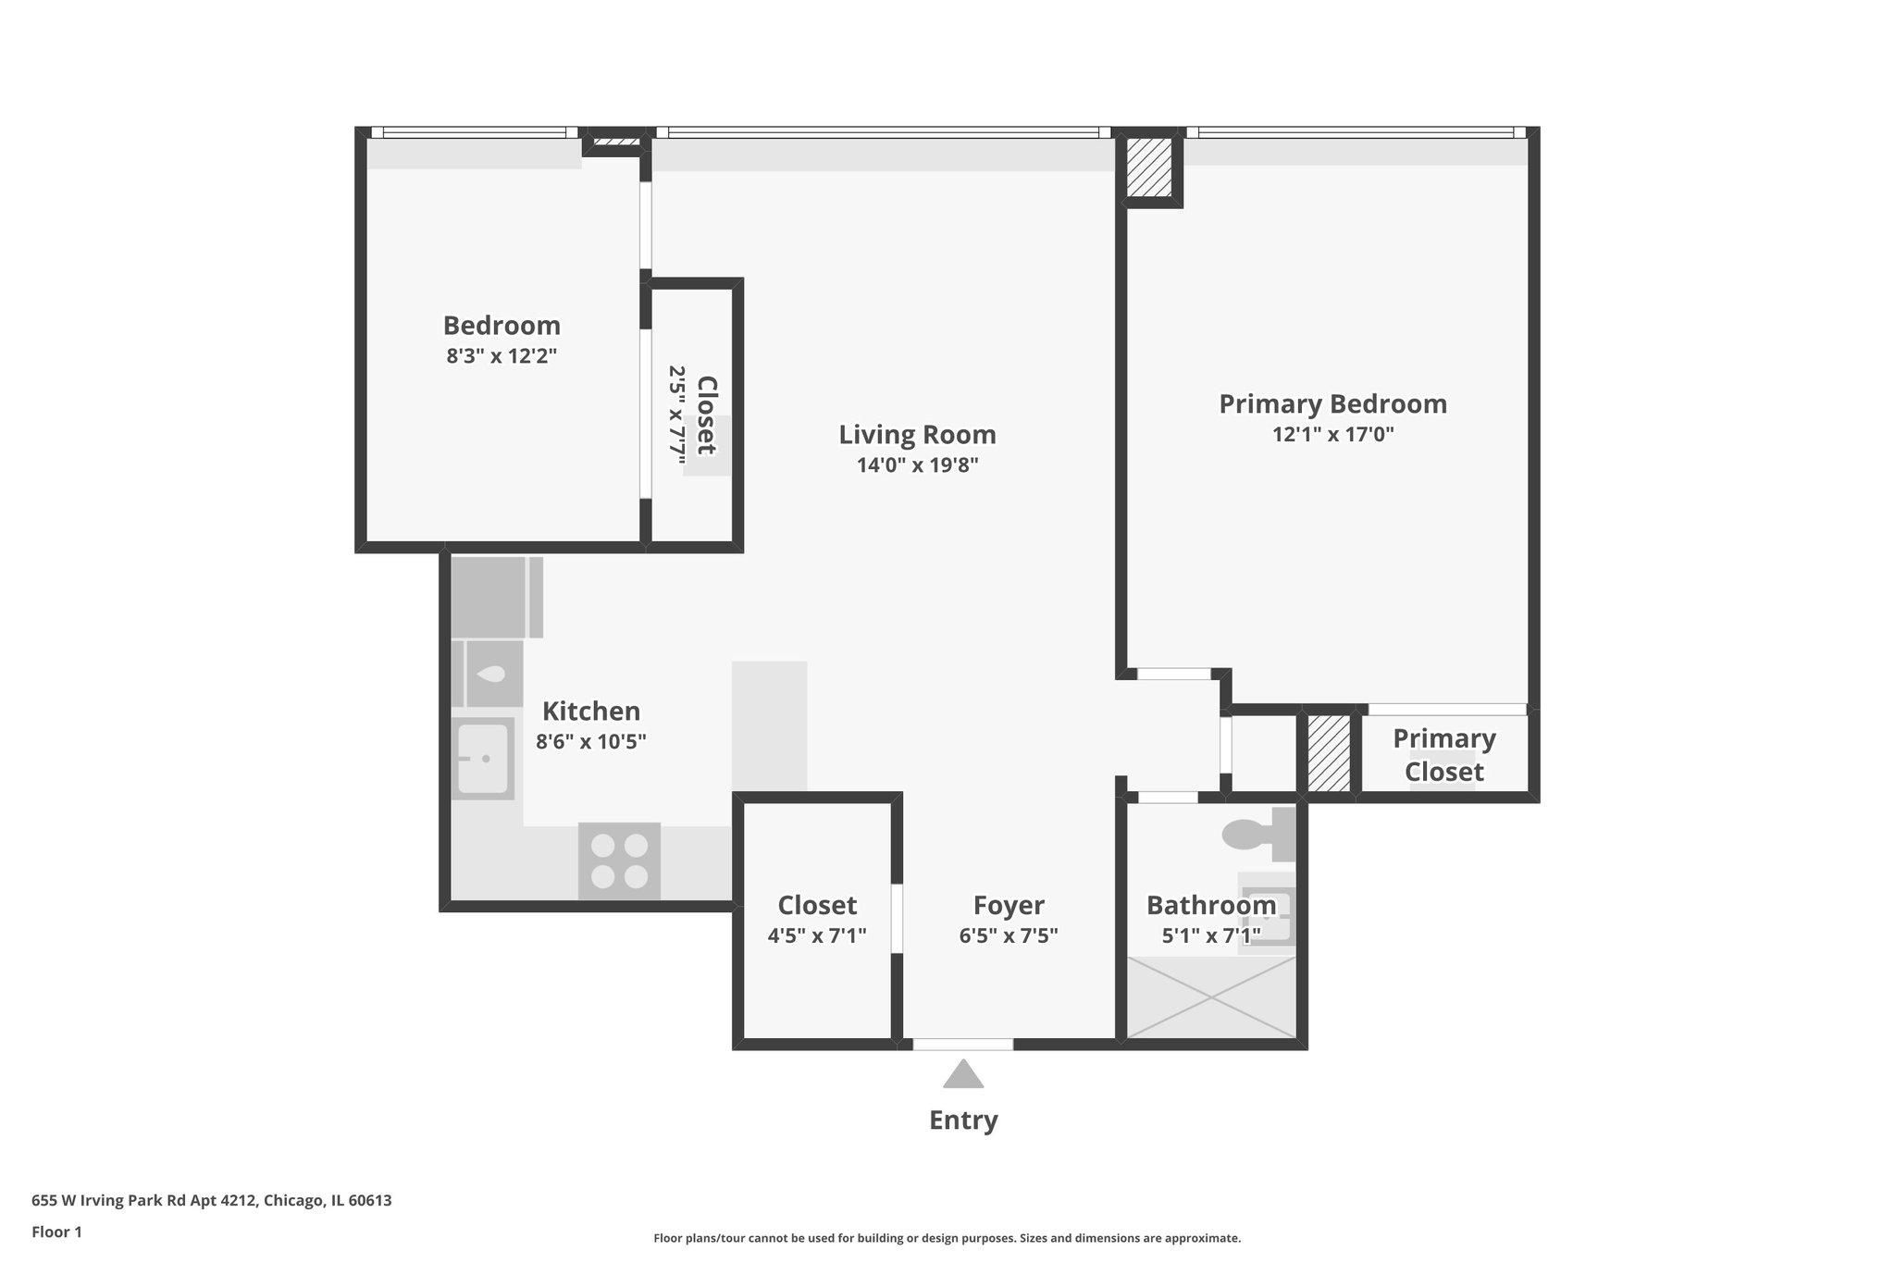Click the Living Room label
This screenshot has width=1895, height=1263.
point(917,434)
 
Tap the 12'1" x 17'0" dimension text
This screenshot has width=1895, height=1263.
point(1332,434)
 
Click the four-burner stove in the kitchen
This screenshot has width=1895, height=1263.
point(619,861)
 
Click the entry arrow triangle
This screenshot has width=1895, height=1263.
point(963,1074)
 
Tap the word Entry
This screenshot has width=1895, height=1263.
point(963,1120)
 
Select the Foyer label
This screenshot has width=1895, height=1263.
point(1009,904)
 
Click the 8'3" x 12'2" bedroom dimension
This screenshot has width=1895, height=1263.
point(502,355)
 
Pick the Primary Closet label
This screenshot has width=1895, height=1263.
point(1443,754)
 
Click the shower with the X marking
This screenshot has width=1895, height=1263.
point(1211,997)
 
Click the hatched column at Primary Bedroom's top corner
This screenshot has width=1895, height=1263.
point(1149,167)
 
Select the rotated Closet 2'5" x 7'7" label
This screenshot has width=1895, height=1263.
point(693,415)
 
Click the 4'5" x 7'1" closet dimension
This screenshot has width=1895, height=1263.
point(817,935)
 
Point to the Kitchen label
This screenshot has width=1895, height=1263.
point(590,711)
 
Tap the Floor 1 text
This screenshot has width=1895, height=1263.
point(56,1232)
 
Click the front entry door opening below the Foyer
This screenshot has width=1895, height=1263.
point(963,1044)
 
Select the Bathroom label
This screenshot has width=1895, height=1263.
point(1210,904)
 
